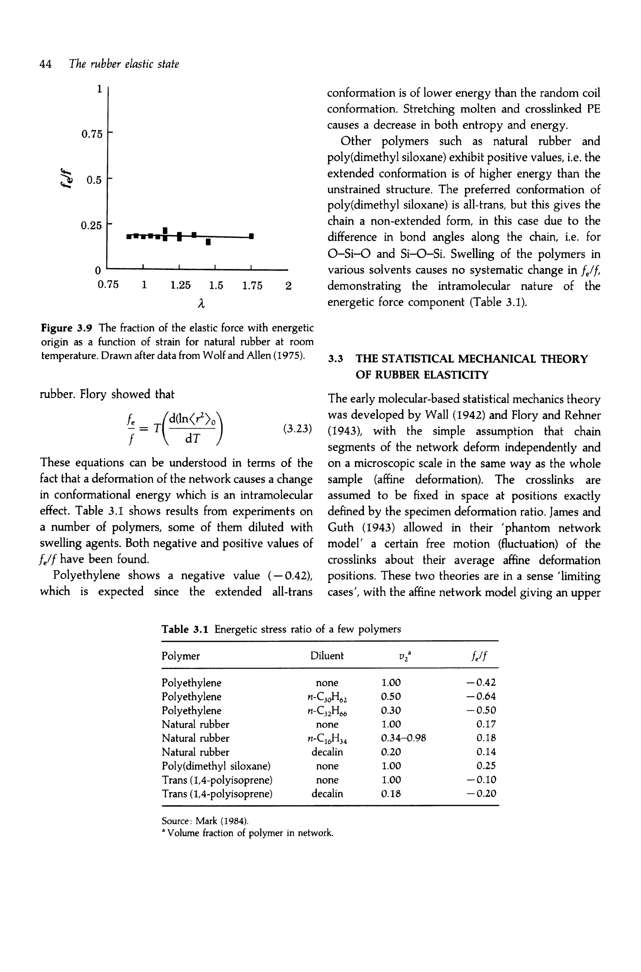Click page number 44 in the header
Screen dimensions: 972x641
point(45,64)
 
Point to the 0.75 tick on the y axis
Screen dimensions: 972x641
point(92,134)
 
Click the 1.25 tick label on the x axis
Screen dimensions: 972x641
point(180,285)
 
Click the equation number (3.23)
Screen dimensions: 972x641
point(298,429)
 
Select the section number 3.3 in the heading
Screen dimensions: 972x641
point(335,359)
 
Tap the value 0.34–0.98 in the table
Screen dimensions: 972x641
point(403,738)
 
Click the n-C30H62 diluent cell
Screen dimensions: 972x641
point(327,697)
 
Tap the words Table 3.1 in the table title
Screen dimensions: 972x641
point(185,629)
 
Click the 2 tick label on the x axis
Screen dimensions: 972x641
point(288,285)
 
